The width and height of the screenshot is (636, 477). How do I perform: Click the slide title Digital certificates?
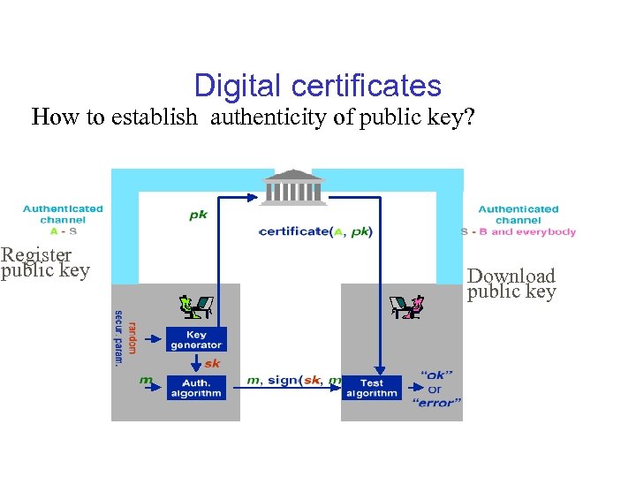[x=317, y=86]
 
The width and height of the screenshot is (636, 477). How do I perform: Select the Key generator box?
[x=196, y=339]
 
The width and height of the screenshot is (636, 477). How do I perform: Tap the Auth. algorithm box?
[x=196, y=388]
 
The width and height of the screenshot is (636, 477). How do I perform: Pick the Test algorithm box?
[x=371, y=388]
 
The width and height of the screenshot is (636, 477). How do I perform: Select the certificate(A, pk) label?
[x=315, y=231]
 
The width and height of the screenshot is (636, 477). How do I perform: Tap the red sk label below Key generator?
[x=212, y=363]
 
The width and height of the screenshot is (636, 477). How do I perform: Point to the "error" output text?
[x=436, y=403]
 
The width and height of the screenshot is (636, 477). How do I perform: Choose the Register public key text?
[x=45, y=263]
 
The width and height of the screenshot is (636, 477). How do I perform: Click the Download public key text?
[x=511, y=284]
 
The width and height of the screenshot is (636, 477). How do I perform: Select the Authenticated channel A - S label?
[x=63, y=220]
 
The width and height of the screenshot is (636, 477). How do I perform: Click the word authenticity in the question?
[x=267, y=117]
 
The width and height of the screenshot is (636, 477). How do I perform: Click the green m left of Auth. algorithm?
[x=146, y=381]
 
